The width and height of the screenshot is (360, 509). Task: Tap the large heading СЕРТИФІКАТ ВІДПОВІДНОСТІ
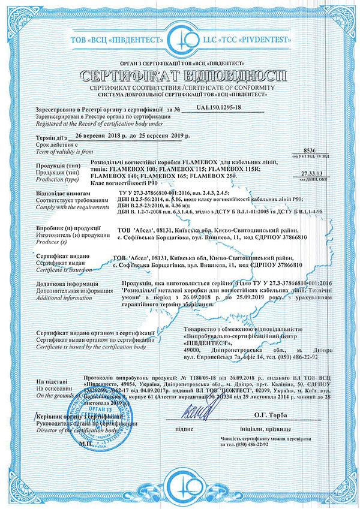pos(180,77)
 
